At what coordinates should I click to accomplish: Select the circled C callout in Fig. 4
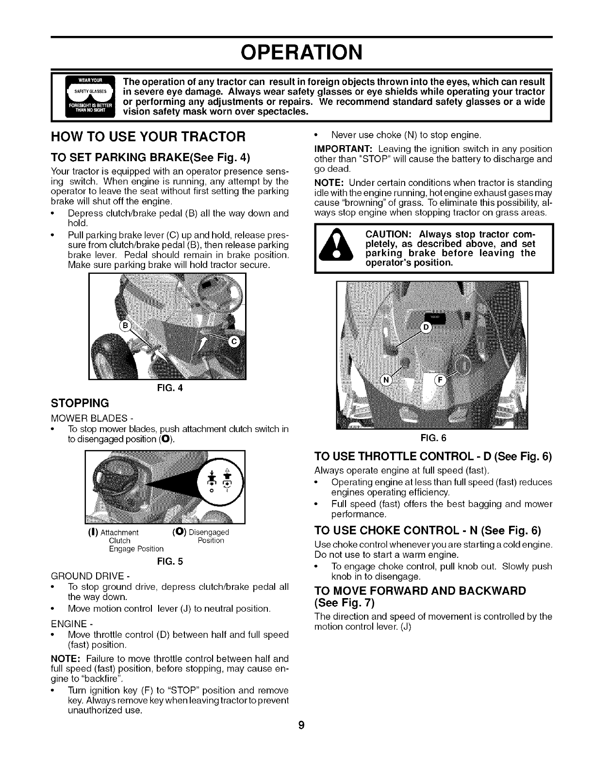[x=233, y=342]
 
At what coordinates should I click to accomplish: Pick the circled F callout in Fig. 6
[x=442, y=380]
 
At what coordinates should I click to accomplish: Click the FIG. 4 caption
[x=167, y=388]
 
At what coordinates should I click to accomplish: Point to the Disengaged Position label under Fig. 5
[x=204, y=536]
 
